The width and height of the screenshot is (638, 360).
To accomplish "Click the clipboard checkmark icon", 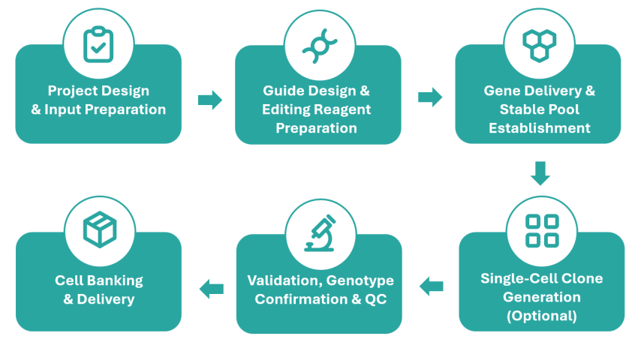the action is click(x=98, y=44).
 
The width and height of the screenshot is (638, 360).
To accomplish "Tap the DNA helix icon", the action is click(x=320, y=46).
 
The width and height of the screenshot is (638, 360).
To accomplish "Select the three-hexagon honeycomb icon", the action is click(x=539, y=45).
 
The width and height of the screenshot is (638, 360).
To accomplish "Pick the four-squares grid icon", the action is click(x=542, y=231).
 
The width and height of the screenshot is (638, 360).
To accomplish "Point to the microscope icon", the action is click(x=321, y=233).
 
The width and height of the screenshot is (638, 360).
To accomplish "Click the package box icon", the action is click(x=100, y=229).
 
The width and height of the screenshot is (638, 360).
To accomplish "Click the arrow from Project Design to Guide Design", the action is click(x=210, y=100).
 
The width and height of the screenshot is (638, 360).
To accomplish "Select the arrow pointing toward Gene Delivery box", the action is click(x=430, y=97).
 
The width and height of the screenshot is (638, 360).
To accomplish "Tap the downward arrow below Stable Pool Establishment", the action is click(x=540, y=173).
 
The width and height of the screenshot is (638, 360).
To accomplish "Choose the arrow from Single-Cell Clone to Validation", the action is click(x=432, y=286).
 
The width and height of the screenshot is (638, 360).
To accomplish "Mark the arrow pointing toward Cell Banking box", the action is click(x=211, y=289).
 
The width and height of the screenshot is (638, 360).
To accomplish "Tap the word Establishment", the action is click(x=540, y=128).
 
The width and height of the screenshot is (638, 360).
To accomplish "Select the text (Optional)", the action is click(x=542, y=316).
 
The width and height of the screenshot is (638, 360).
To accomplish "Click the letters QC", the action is click(x=375, y=299).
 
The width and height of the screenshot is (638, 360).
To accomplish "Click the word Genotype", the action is click(x=360, y=281).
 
